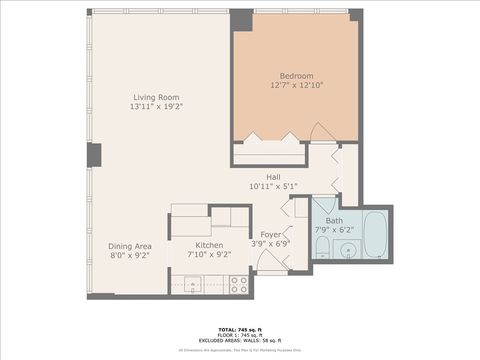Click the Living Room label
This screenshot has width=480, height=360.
158,97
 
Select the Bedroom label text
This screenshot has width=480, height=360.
296,76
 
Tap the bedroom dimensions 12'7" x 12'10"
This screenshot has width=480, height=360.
296,85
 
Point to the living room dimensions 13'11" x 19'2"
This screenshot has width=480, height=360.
158,106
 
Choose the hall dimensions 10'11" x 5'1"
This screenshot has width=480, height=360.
272,185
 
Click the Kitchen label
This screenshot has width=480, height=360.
208,245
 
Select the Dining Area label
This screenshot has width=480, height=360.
130,245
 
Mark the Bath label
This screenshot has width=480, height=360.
334,220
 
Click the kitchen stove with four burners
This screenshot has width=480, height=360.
239,284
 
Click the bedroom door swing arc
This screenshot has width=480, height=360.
323,132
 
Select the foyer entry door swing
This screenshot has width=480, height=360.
270,262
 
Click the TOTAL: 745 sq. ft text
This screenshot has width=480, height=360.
240,328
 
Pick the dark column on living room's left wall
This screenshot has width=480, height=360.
94,155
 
